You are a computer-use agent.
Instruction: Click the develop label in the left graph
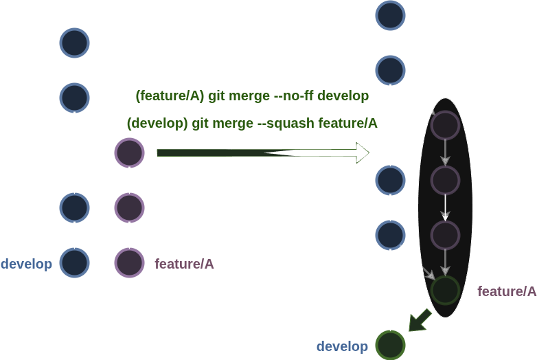[27, 264]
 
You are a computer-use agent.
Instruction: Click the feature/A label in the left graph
[184, 264]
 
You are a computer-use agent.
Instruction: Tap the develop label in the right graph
[342, 347]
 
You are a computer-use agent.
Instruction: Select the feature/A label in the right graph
[507, 291]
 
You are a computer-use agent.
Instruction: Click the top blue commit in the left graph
[75, 43]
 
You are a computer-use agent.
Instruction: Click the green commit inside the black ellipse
[445, 290]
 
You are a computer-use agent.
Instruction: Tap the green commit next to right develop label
[391, 345]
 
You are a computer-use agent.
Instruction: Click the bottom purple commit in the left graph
[129, 262]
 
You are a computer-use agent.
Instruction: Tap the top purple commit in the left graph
[129, 153]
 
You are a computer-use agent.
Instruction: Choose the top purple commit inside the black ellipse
[445, 125]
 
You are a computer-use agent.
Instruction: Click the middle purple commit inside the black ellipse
[445, 180]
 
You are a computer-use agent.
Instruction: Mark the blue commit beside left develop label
[75, 262]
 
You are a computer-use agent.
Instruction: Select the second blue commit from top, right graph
[390, 69]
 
